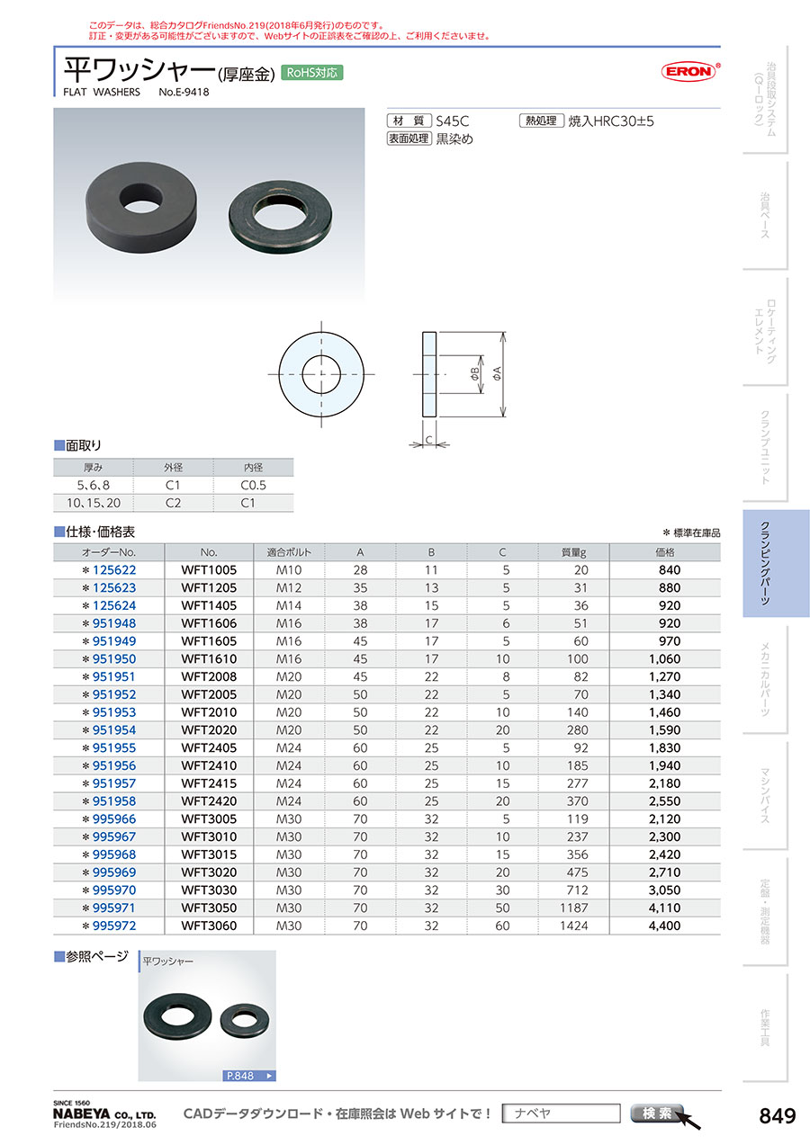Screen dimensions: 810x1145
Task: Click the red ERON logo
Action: coord(688,72)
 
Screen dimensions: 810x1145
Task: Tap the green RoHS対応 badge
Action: coord(312,73)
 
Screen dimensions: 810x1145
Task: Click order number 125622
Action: coord(114,570)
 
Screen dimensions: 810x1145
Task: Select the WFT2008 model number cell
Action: coord(209,676)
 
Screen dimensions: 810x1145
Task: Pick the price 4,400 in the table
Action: coord(664,926)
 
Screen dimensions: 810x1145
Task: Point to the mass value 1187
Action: coord(574,908)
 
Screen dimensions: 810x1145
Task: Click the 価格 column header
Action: coord(665,552)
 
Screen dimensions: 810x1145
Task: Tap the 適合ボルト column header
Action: coord(289,552)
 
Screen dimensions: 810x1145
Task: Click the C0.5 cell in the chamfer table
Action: coord(253,485)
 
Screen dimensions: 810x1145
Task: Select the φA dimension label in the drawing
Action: coord(497,373)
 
